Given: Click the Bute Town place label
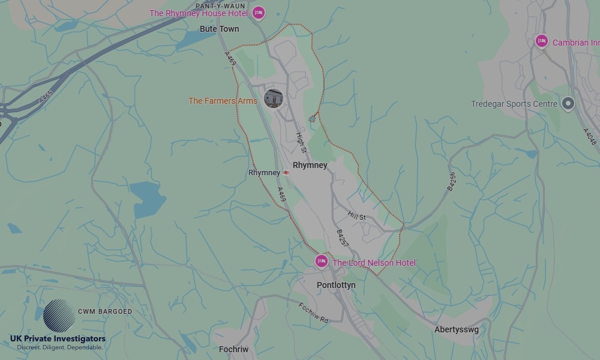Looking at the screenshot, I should [219, 29].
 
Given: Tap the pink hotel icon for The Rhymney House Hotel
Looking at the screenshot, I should [258, 13].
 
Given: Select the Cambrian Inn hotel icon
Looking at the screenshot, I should [542, 41].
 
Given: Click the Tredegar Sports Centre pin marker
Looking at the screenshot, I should [568, 103].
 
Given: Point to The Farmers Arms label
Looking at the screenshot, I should [223, 101].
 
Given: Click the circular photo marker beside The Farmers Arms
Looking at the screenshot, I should [274, 98].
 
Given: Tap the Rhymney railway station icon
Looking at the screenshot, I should [286, 173].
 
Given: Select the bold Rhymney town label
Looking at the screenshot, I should [310, 165].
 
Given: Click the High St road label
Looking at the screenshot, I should [301, 142].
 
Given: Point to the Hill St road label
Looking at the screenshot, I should [356, 216].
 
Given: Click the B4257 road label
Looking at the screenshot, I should [341, 238].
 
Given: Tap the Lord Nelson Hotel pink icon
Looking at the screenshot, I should [322, 261].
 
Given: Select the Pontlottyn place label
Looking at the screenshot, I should [336, 285].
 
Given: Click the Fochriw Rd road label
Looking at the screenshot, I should [313, 313].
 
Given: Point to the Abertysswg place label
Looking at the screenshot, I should [457, 329].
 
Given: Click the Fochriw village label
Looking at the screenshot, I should [233, 349].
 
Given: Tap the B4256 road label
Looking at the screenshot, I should [452, 182].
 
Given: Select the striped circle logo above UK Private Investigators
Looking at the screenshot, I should [59, 316].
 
